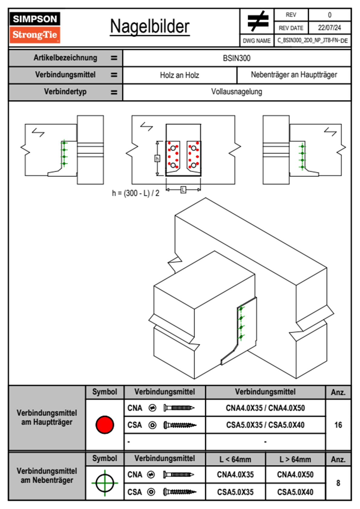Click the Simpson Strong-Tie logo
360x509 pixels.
[x=35, y=28]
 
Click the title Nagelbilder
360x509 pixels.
[x=150, y=27]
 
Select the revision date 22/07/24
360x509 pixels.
[x=329, y=28]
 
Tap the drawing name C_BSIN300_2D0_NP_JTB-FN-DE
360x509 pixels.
[x=313, y=40]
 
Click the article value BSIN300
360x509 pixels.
[x=237, y=58]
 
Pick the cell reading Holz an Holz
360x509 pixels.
[x=179, y=75]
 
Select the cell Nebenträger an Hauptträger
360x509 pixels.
[x=294, y=75]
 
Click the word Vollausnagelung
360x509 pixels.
[x=237, y=92]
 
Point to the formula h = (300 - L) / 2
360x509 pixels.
[x=136, y=193]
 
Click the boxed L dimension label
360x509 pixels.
[x=183, y=190]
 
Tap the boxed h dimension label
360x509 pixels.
[x=157, y=158]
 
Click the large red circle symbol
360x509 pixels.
[x=105, y=425]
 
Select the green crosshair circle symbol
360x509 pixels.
[x=105, y=483]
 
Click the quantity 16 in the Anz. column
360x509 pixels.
[x=338, y=425]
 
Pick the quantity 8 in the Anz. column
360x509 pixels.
[x=338, y=483]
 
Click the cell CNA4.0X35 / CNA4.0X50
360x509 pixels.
[x=265, y=408]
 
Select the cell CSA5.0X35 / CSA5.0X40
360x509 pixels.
[x=265, y=425]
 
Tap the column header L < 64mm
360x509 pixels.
[x=235, y=459]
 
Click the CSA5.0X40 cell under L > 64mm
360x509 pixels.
[x=295, y=492]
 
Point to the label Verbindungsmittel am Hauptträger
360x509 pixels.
[x=47, y=417]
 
